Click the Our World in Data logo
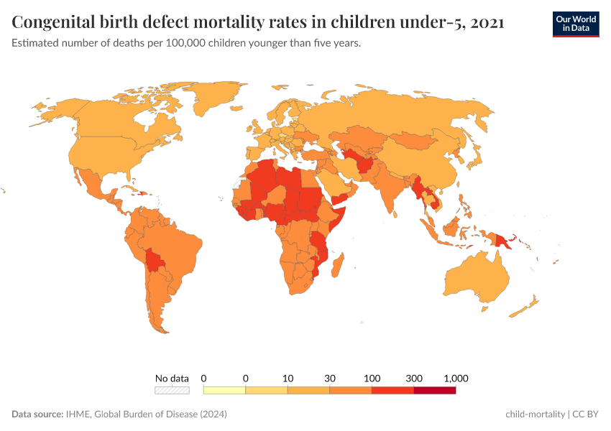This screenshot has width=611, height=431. (x=575, y=24)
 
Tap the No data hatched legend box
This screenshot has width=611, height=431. (x=172, y=390)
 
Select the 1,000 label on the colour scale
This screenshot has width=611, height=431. (x=456, y=378)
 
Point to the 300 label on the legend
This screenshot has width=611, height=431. (x=414, y=378)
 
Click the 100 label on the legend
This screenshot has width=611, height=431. (x=372, y=378)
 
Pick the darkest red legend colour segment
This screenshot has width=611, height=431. (x=435, y=390)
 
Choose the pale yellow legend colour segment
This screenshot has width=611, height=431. (x=225, y=390)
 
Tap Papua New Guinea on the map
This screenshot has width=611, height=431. (x=502, y=241)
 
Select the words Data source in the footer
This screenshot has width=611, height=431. (x=37, y=414)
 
